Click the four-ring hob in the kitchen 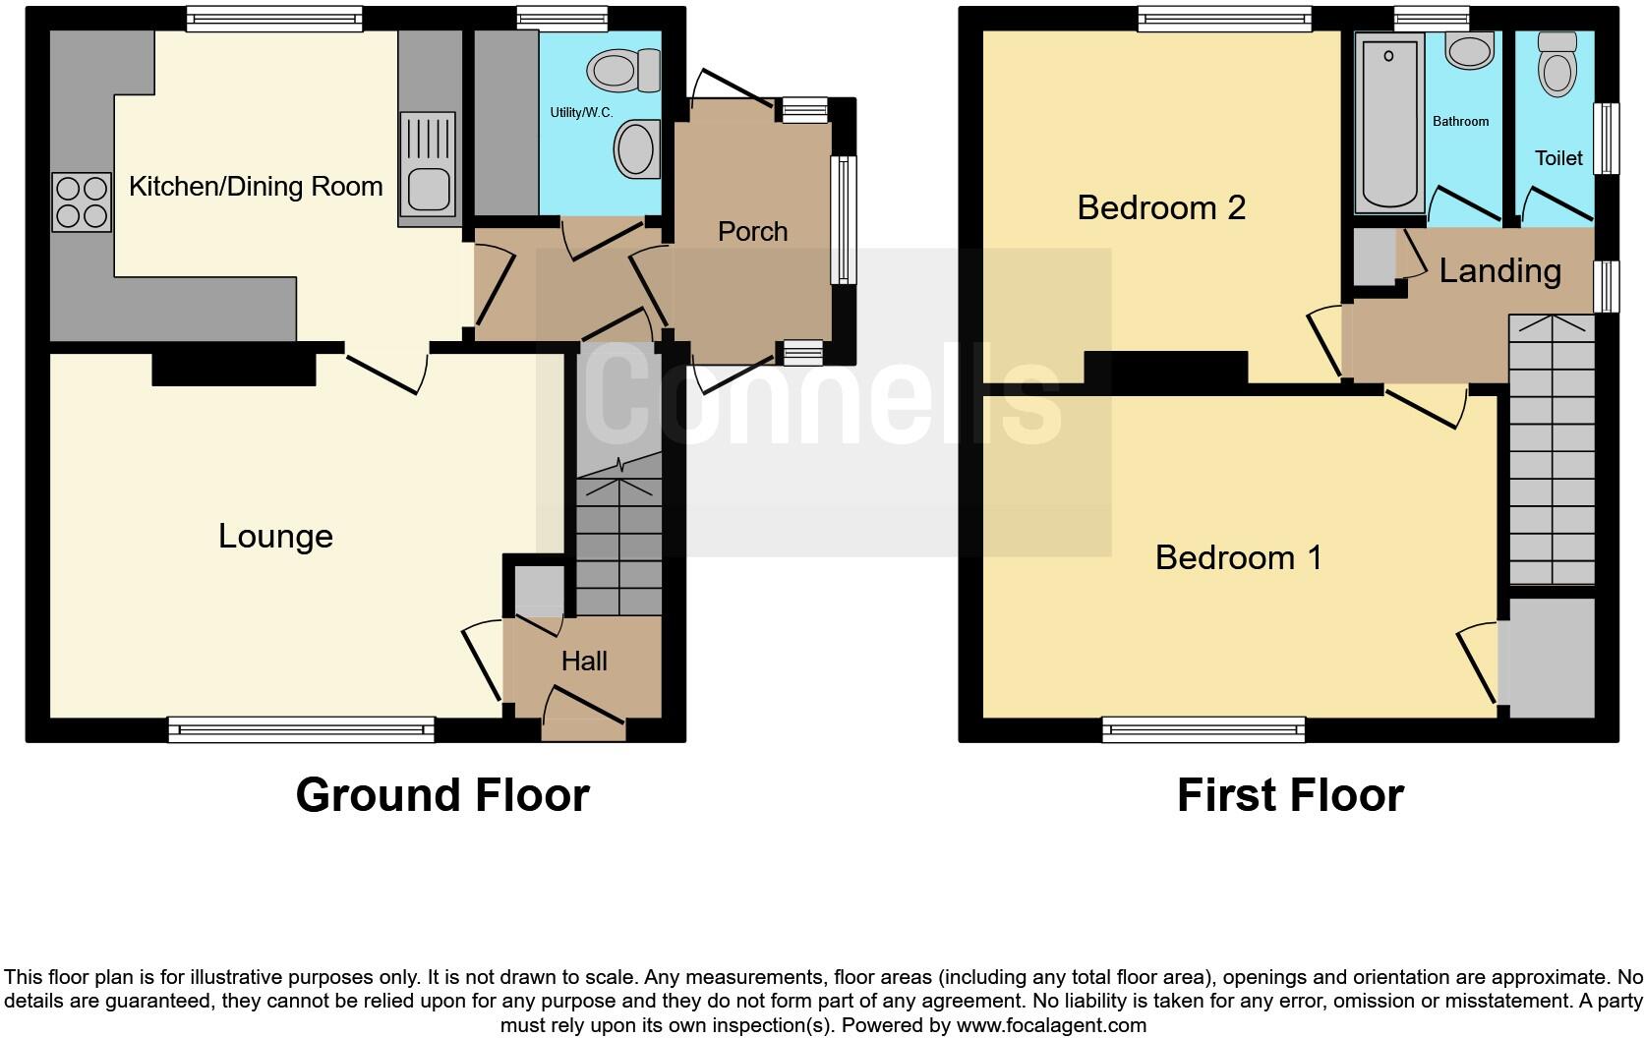82,202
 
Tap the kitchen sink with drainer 427,163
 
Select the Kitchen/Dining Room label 256,187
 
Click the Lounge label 275,537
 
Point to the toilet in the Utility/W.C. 623,71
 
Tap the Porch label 752,232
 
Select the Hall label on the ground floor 584,662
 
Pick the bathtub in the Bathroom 1389,123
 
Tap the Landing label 1499,271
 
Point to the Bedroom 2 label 1161,208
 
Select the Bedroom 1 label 1238,558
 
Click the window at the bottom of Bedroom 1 1204,728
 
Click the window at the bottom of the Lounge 301,728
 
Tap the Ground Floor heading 442,795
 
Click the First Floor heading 1290,795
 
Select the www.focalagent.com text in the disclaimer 1051,1026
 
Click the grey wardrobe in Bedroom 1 1551,658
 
